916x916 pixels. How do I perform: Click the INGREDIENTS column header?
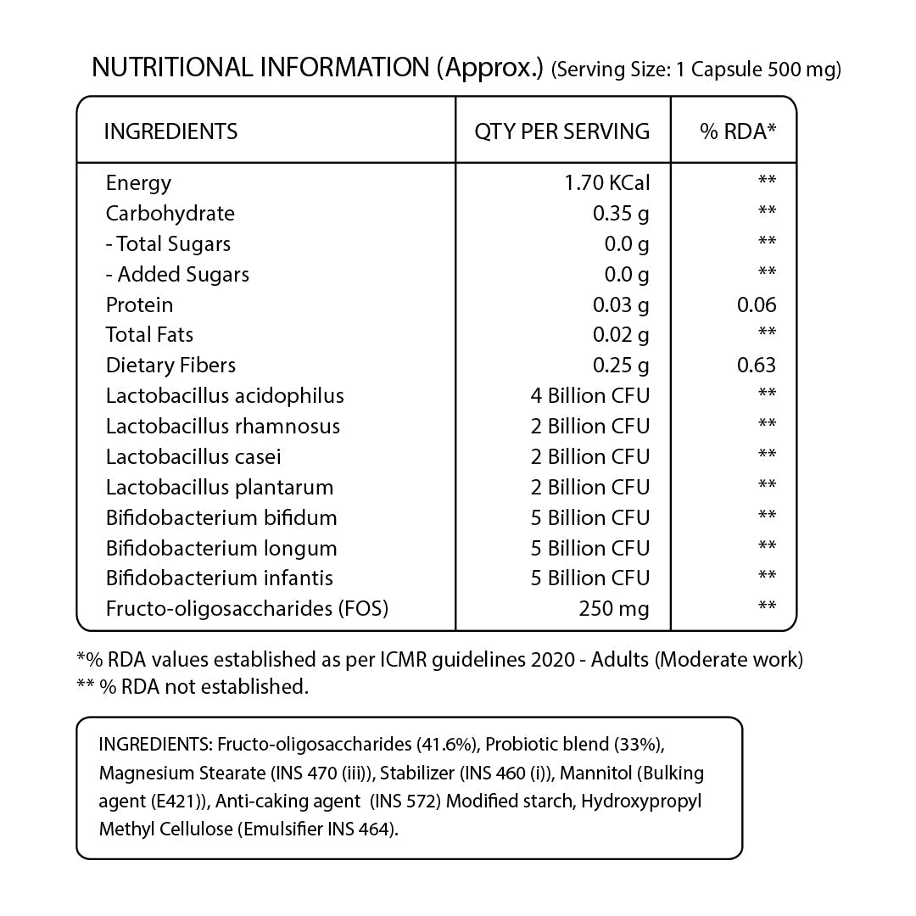[170, 131]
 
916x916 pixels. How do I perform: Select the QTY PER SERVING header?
[561, 131]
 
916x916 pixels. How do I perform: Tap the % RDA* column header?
[738, 131]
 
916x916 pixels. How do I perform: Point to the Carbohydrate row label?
[170, 214]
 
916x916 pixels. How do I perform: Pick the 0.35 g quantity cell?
[621, 214]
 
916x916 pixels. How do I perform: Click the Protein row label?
[139, 305]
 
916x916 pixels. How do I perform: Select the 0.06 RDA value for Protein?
[757, 305]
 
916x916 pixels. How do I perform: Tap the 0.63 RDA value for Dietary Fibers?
[757, 366]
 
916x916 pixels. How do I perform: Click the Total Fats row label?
[149, 335]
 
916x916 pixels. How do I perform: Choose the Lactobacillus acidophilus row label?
[225, 396]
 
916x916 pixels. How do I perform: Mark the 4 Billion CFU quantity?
[589, 396]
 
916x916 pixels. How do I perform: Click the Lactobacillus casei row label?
[193, 457]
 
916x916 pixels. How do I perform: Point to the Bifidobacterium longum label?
[221, 549]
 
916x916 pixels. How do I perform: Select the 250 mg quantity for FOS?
[613, 609]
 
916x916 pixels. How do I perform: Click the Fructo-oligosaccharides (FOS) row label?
[247, 609]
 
